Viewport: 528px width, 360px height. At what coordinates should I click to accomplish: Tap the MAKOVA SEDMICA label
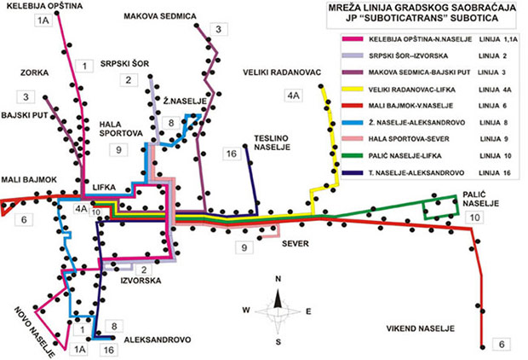[160, 16]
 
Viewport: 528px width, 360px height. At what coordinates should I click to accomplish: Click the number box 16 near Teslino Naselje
[231, 154]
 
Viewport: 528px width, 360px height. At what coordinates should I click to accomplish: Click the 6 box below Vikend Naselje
[502, 344]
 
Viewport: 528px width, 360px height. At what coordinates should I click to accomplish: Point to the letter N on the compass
[278, 279]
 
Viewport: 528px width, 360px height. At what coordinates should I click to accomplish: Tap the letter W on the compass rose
[246, 310]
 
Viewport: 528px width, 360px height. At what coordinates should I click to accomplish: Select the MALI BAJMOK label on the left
[29, 180]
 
